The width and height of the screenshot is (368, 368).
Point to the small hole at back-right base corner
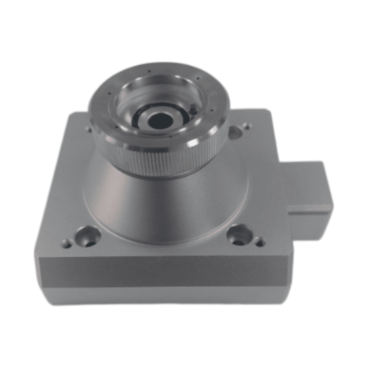(x=246, y=126)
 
